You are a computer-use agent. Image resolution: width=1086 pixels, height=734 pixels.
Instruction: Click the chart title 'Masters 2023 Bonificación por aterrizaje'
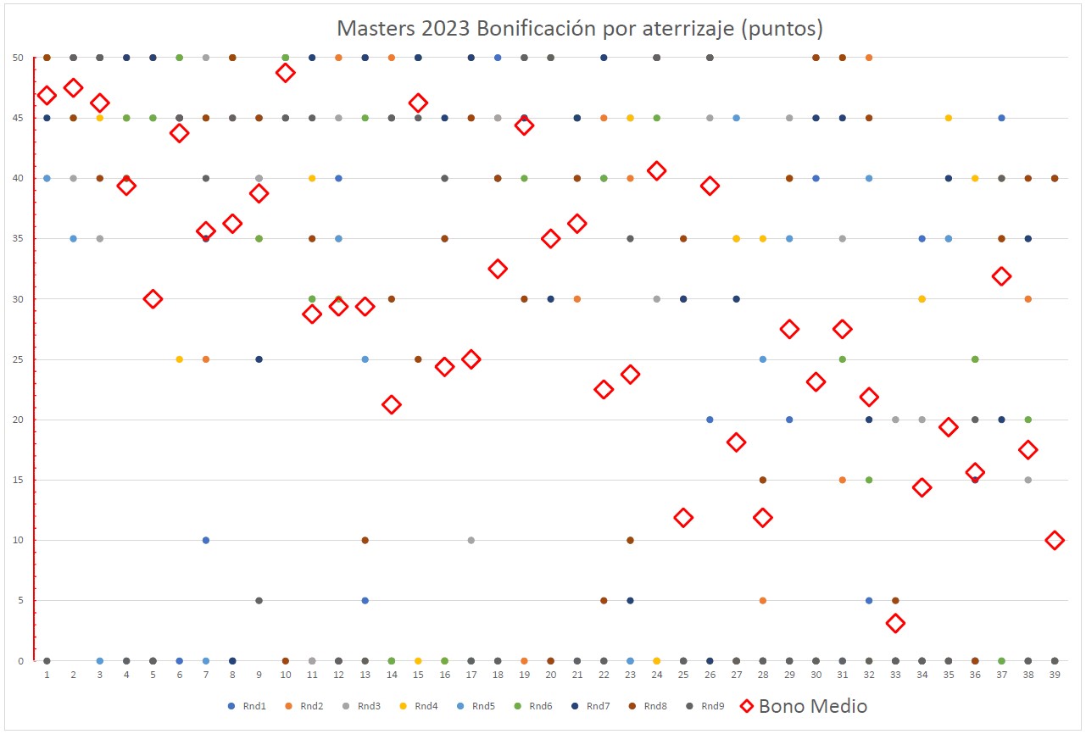(x=580, y=28)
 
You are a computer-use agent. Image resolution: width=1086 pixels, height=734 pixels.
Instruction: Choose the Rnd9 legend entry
(x=706, y=706)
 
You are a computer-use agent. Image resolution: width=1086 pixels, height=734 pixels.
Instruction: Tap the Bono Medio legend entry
(x=803, y=706)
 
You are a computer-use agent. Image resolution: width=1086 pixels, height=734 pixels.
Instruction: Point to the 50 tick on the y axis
(x=18, y=58)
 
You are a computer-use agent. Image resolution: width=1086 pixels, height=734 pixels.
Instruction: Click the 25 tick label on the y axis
(x=18, y=359)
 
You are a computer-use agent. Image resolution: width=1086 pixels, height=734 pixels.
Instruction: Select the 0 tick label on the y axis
(x=20, y=661)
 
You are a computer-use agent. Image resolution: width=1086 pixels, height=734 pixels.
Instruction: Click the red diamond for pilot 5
(x=153, y=299)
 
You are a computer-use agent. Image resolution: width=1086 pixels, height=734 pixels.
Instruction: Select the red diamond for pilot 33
(x=895, y=624)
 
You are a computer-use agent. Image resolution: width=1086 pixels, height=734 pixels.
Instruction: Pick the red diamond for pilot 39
(x=1055, y=541)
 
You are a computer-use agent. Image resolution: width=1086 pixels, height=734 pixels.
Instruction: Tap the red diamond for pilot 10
(x=286, y=73)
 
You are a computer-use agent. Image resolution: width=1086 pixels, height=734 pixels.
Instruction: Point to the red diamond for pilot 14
(x=392, y=404)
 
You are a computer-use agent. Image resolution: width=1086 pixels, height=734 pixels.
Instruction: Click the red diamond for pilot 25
(x=683, y=518)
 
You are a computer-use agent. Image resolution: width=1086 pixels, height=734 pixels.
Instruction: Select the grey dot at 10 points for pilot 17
(x=471, y=541)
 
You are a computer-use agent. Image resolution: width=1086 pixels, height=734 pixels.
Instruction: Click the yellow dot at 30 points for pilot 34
(x=922, y=299)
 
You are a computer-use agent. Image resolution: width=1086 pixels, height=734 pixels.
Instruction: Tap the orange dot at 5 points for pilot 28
(x=763, y=601)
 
